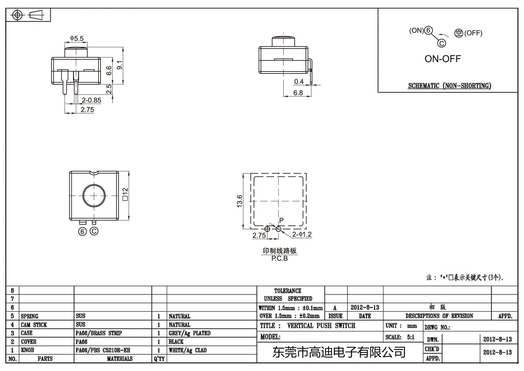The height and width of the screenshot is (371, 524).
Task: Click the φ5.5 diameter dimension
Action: (77, 38)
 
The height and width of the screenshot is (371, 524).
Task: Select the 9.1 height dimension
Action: (120, 65)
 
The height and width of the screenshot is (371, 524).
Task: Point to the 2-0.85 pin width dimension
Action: (91, 100)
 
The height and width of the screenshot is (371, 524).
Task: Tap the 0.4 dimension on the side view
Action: (299, 81)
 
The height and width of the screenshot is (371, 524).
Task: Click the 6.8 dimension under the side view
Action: (298, 93)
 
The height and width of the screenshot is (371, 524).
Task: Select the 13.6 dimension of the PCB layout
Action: (240, 201)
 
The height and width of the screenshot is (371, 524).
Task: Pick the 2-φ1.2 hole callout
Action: (302, 234)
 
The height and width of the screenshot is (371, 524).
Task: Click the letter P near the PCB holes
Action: (281, 220)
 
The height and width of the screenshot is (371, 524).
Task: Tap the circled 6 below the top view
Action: (83, 232)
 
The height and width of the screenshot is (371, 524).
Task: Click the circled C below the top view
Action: (94, 231)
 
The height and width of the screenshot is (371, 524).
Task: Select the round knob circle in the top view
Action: (94, 196)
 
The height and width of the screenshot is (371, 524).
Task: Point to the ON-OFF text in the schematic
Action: (442, 59)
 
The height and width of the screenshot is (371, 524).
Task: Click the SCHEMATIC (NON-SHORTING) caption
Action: (449, 86)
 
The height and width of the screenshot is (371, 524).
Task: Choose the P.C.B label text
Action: (279, 258)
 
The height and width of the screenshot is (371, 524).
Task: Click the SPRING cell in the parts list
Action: (29, 316)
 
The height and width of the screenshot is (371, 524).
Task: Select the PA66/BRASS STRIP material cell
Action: (99, 333)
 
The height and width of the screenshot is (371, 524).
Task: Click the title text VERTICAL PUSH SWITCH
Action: (321, 326)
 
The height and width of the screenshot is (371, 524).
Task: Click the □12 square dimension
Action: (125, 194)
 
